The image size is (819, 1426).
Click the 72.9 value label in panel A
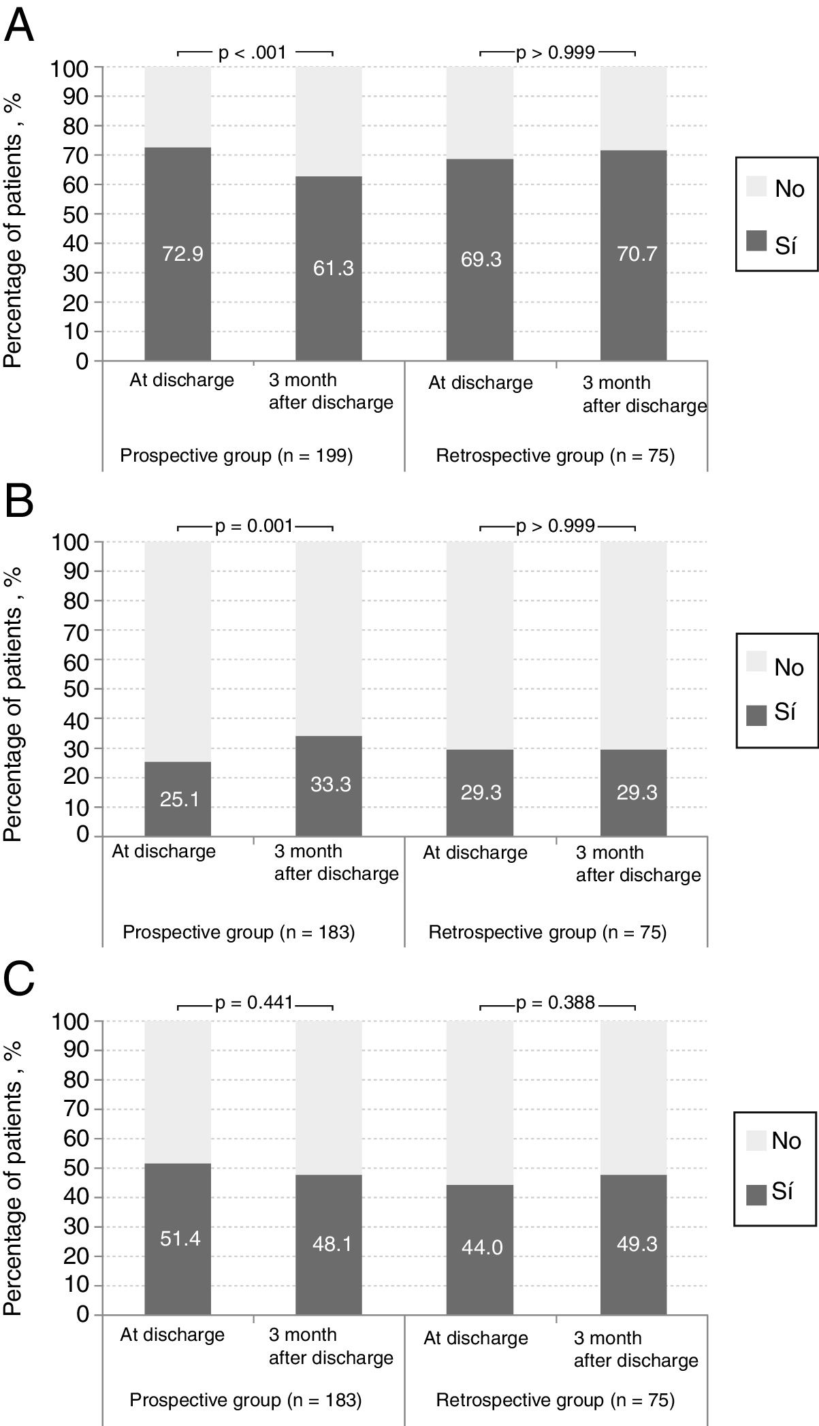click(x=182, y=254)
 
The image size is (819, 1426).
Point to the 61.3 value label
click(x=333, y=268)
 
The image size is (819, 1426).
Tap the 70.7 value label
click(x=637, y=254)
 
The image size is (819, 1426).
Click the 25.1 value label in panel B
click(x=180, y=799)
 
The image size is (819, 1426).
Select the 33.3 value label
click(x=331, y=785)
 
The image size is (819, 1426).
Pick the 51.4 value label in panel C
click(x=180, y=1238)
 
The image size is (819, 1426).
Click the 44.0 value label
click(x=482, y=1247)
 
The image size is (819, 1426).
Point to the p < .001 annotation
click(x=253, y=52)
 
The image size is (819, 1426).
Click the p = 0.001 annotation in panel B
click(x=254, y=526)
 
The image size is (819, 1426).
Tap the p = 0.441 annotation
click(x=254, y=1002)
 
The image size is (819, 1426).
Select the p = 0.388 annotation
click(x=556, y=1002)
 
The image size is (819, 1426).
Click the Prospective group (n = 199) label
click(x=236, y=455)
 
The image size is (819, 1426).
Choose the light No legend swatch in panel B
click(x=756, y=661)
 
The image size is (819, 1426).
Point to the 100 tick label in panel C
click(x=71, y=1021)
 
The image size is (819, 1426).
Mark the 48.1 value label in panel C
click(x=332, y=1244)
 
